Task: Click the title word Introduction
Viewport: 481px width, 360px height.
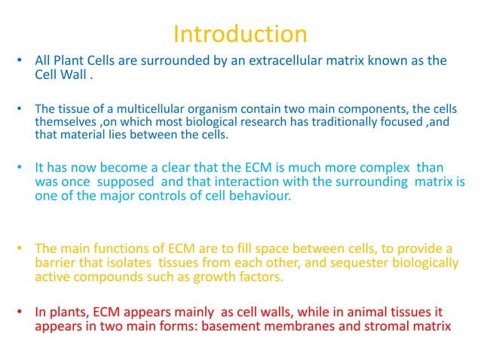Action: [x=240, y=34]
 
